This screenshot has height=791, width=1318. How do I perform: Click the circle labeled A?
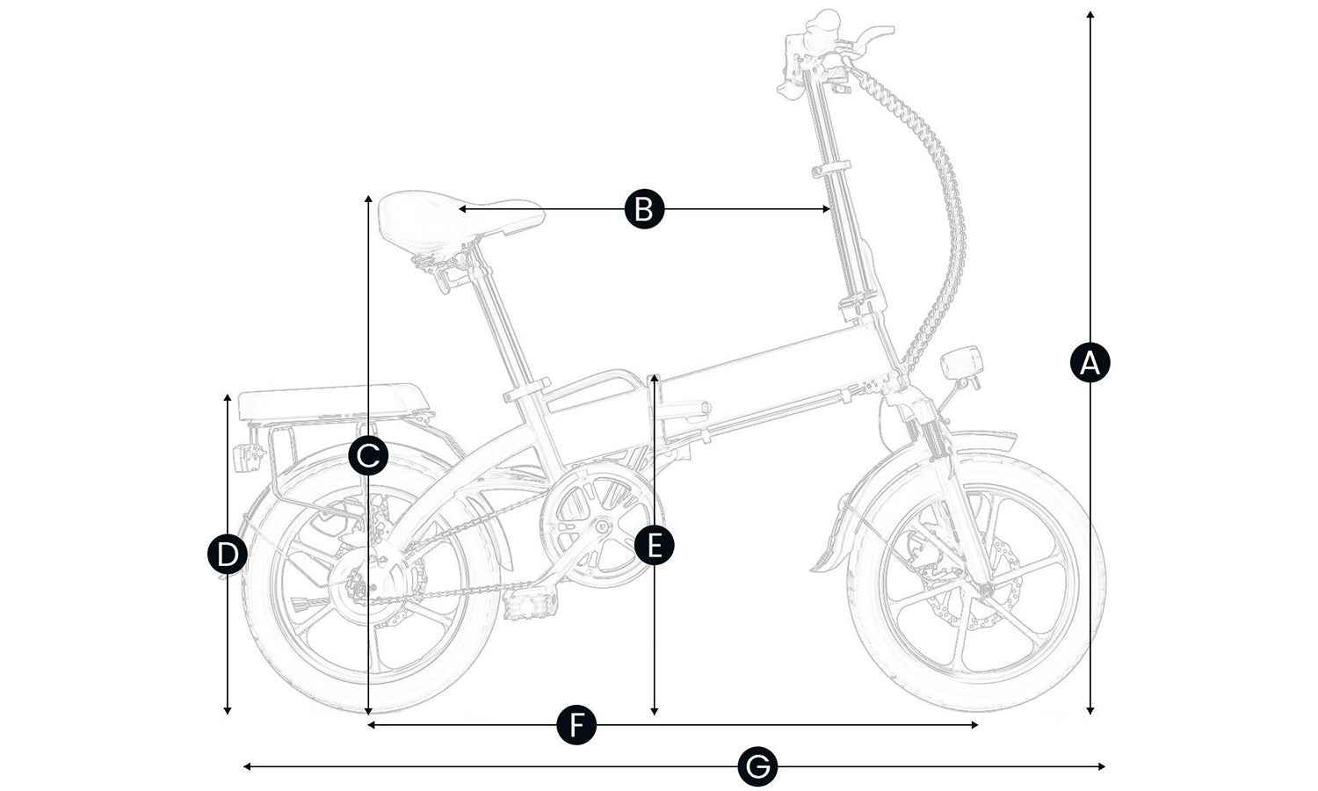(x=1090, y=362)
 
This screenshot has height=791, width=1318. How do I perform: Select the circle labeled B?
(x=644, y=209)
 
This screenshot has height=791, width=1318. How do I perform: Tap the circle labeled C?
(x=368, y=455)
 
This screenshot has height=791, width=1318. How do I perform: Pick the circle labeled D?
(x=228, y=555)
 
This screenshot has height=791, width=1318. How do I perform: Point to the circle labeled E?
(x=655, y=545)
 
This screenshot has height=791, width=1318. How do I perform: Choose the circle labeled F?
(x=576, y=725)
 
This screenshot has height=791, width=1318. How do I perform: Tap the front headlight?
(x=963, y=363)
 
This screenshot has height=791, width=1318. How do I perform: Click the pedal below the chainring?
(x=532, y=604)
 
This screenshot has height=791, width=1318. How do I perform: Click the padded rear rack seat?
(x=334, y=400)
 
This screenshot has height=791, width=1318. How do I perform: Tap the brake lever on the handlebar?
(x=870, y=33)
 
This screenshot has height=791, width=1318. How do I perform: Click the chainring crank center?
(x=604, y=526)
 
